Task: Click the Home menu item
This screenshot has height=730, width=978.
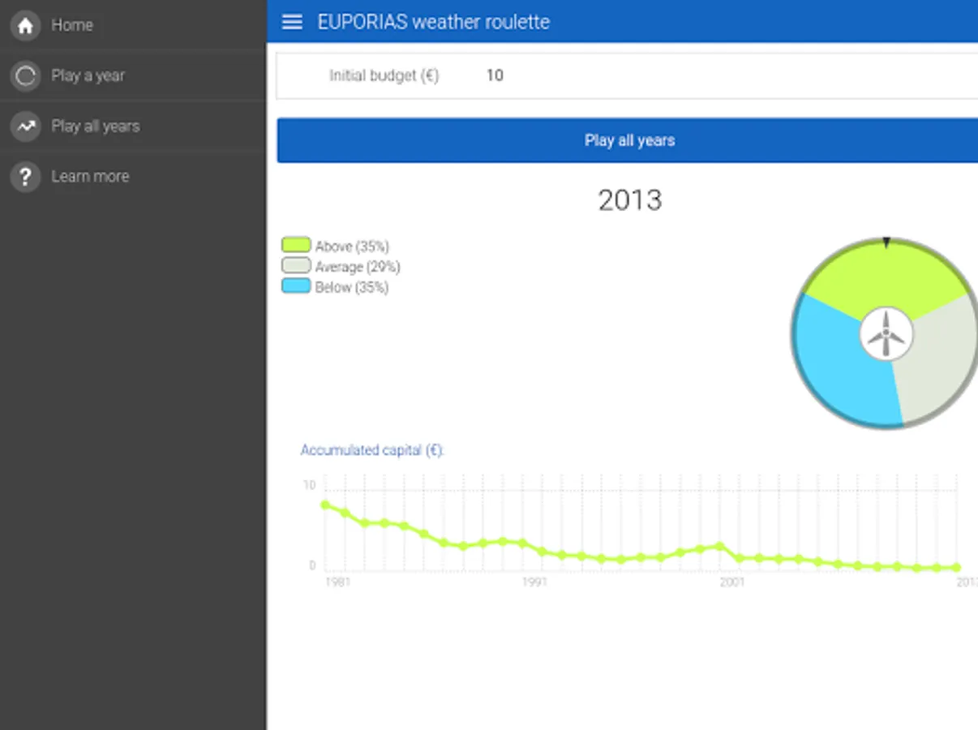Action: (71, 26)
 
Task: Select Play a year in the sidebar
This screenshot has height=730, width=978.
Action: (88, 76)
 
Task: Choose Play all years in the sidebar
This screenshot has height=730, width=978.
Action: (95, 127)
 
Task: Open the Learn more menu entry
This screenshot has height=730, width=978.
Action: (89, 177)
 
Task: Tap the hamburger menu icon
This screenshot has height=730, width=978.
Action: (292, 22)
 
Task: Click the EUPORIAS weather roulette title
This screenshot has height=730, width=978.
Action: (433, 22)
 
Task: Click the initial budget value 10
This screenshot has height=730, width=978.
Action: (495, 75)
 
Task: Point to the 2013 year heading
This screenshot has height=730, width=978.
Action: (629, 200)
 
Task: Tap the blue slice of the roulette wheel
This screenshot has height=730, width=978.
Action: (835, 365)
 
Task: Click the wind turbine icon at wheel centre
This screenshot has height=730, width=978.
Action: (886, 334)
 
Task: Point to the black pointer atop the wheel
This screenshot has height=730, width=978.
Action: (886, 243)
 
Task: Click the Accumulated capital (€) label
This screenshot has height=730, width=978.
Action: (372, 450)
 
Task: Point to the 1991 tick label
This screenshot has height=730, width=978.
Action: (534, 582)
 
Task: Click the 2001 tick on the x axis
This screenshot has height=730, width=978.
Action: (732, 582)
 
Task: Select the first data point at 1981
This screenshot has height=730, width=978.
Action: (326, 505)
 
